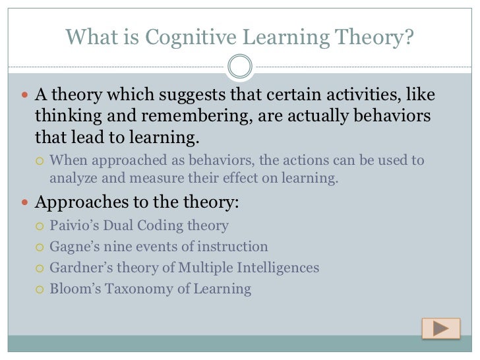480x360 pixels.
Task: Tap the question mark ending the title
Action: [409, 38]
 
